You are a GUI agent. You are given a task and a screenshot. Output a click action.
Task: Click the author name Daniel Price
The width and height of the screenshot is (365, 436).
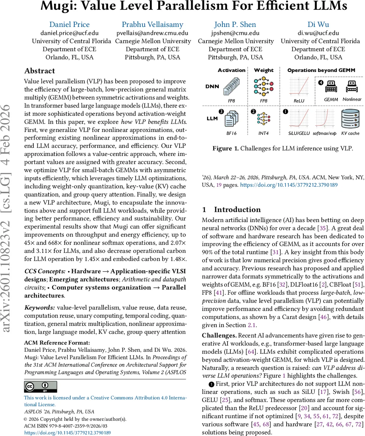pos(69,25)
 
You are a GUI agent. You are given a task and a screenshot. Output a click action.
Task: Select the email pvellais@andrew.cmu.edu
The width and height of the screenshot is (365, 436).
pos(152,33)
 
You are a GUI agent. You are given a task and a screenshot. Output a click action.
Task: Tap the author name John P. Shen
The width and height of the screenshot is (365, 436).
pos(235,25)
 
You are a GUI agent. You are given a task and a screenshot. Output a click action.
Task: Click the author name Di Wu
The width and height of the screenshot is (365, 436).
pos(318,25)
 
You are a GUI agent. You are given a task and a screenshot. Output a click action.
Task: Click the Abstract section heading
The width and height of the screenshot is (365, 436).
pos(40,71)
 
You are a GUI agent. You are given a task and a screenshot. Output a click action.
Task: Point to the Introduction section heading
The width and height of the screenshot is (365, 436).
pos(237,210)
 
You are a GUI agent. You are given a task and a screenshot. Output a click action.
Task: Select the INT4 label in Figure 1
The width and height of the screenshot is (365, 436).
pos(263,133)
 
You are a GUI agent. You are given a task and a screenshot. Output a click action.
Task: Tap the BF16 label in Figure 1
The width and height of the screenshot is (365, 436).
pos(231,133)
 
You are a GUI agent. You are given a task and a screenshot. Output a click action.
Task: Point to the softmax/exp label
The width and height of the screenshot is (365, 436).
pos(324,133)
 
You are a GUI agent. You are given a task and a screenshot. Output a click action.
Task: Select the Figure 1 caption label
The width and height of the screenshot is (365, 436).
pos(225,148)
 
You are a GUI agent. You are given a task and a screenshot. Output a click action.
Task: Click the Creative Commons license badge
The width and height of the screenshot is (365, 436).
pos(40,387)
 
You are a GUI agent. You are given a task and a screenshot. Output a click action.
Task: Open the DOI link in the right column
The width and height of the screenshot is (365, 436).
pos(289,185)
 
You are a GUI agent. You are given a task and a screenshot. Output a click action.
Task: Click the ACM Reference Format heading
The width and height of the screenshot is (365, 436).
pos(57,343)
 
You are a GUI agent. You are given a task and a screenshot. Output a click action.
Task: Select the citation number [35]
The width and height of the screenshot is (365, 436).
pos(321,229)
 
